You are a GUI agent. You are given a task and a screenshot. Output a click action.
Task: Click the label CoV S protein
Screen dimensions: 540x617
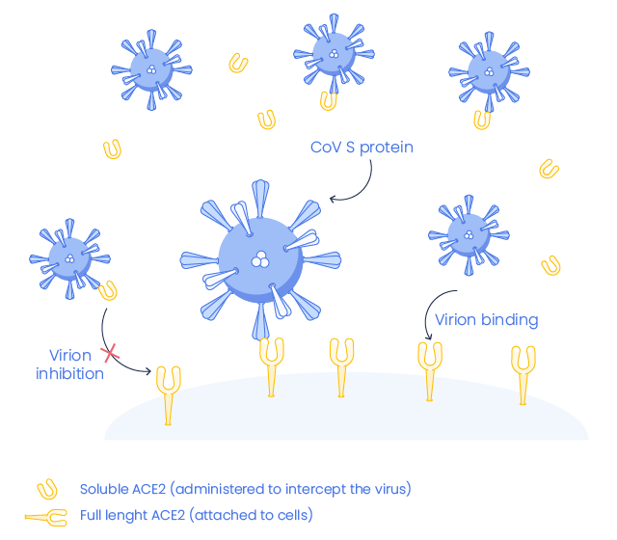(362, 148)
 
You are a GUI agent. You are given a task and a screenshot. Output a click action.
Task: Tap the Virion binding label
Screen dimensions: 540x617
(486, 319)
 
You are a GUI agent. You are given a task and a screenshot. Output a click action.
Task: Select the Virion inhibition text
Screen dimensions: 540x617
(70, 364)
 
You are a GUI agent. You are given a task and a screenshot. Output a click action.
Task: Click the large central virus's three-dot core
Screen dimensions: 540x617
(259, 258)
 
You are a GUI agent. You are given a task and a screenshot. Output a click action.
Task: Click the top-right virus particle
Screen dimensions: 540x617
(489, 71)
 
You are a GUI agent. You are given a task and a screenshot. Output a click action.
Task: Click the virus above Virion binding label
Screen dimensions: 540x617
(469, 233)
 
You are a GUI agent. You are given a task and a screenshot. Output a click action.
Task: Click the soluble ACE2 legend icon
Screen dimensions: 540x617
(44, 489)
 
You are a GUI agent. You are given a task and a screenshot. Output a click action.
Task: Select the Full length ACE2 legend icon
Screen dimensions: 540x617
(44, 517)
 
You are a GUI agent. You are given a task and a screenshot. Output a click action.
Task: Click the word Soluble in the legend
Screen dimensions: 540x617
(101, 489)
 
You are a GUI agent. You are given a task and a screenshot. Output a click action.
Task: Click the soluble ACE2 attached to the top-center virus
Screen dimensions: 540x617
(330, 98)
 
